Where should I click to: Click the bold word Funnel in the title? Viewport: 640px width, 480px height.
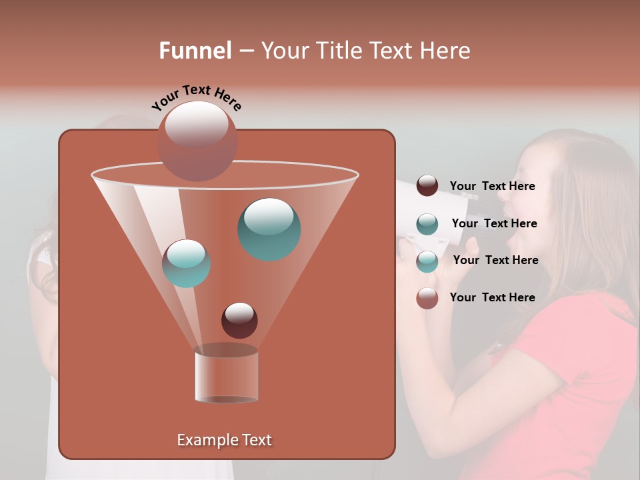click(x=195, y=51)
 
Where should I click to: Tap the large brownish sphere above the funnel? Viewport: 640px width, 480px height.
click(x=197, y=141)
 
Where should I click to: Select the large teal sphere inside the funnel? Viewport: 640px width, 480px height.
click(x=269, y=229)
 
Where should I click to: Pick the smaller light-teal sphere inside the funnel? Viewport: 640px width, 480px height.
click(x=186, y=263)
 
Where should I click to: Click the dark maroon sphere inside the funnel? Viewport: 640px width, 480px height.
click(x=239, y=320)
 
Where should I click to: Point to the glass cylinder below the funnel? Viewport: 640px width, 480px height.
click(x=226, y=374)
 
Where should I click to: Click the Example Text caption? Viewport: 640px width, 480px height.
click(x=224, y=440)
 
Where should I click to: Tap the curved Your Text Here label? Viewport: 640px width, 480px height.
click(x=196, y=97)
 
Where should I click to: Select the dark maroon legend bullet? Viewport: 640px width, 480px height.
click(x=427, y=186)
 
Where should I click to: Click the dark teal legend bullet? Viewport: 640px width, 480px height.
click(x=427, y=224)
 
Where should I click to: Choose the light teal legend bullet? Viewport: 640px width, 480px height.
click(x=427, y=261)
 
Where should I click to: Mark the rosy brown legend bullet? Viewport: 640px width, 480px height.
click(x=427, y=298)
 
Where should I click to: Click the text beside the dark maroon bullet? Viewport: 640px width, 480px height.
click(x=492, y=187)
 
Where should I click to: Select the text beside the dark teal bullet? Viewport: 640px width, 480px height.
click(x=494, y=223)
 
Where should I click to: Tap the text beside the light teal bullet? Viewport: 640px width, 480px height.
click(x=495, y=260)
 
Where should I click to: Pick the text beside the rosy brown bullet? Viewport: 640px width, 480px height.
click(x=492, y=297)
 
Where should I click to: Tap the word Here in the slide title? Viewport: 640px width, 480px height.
click(x=446, y=51)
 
